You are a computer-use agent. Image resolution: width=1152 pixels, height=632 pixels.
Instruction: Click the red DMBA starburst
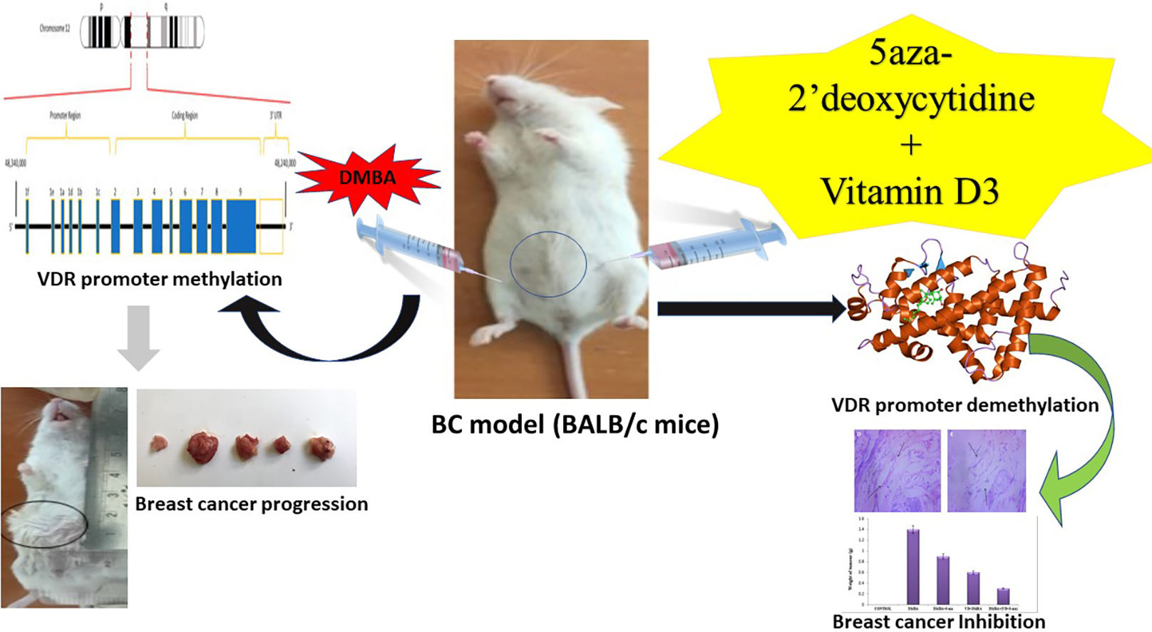(x=367, y=177)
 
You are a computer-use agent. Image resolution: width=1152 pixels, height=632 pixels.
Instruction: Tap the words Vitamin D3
(x=910, y=191)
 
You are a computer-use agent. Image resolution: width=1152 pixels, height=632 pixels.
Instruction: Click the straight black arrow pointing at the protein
(x=749, y=309)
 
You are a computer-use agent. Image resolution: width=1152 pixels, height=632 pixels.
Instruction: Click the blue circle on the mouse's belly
(x=548, y=265)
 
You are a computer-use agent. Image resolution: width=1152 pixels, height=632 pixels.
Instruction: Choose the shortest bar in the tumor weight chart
(x=1003, y=596)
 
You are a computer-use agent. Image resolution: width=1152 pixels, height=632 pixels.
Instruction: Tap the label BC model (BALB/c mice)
(x=575, y=425)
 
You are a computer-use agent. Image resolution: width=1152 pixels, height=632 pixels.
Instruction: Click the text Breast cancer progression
(x=252, y=504)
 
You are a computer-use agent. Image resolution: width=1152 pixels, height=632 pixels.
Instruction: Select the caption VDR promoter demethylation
(x=965, y=405)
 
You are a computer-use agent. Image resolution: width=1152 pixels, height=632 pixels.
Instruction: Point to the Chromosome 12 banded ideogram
(x=142, y=31)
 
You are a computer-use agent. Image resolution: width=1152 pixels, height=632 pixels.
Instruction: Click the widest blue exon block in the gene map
(x=241, y=226)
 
